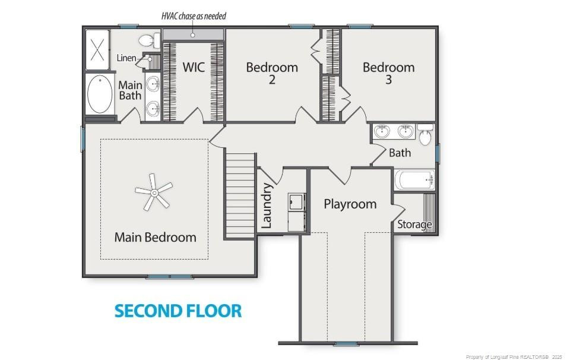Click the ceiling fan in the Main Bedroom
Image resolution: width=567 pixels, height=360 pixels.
[153, 192]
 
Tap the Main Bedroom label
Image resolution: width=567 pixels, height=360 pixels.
[155, 238]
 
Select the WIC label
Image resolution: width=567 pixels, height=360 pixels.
[194, 67]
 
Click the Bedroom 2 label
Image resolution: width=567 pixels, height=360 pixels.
[272, 72]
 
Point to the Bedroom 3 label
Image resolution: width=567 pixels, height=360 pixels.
[388, 72]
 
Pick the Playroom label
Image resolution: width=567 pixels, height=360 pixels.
[350, 204]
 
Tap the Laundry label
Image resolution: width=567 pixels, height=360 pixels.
[267, 206]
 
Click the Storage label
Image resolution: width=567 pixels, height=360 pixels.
[414, 225]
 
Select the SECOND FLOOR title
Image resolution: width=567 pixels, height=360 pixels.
[178, 311]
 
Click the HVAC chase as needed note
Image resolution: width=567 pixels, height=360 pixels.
[194, 16]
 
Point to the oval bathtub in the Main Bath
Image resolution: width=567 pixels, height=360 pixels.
[100, 93]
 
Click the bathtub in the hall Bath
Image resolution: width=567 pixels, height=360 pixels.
[414, 180]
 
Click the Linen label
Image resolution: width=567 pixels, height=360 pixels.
[126, 58]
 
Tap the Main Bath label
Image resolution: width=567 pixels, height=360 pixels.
[130, 90]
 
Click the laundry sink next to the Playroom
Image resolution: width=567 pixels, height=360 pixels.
[296, 203]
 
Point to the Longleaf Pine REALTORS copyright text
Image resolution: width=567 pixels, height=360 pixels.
[513, 356]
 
